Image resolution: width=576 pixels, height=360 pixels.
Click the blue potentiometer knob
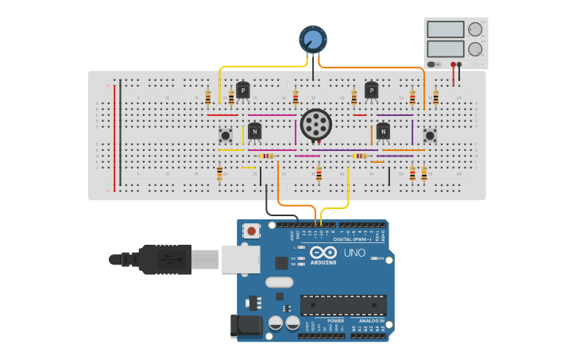click(x=312, y=39)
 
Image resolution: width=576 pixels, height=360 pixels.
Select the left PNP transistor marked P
click(x=243, y=91)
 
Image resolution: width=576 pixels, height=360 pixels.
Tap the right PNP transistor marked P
click(x=371, y=91)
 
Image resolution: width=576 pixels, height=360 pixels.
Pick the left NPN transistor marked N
click(x=254, y=131)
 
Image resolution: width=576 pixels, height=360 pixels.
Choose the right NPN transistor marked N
click(x=383, y=131)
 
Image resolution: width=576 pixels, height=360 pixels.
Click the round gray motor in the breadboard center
click(x=316, y=125)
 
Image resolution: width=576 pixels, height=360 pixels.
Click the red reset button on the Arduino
click(x=252, y=231)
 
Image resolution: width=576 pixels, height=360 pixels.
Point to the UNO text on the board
click(x=354, y=253)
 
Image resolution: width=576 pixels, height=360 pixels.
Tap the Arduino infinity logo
click(x=329, y=252)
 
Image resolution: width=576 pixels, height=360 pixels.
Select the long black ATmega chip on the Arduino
click(x=343, y=304)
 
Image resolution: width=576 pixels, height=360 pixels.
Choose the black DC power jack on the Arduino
click(x=245, y=326)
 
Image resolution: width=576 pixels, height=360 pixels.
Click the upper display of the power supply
click(x=446, y=29)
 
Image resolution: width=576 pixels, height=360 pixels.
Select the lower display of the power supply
click(x=446, y=48)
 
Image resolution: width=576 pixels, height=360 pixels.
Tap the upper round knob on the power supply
click(x=475, y=29)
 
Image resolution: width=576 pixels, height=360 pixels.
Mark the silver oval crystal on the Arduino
click(x=280, y=282)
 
